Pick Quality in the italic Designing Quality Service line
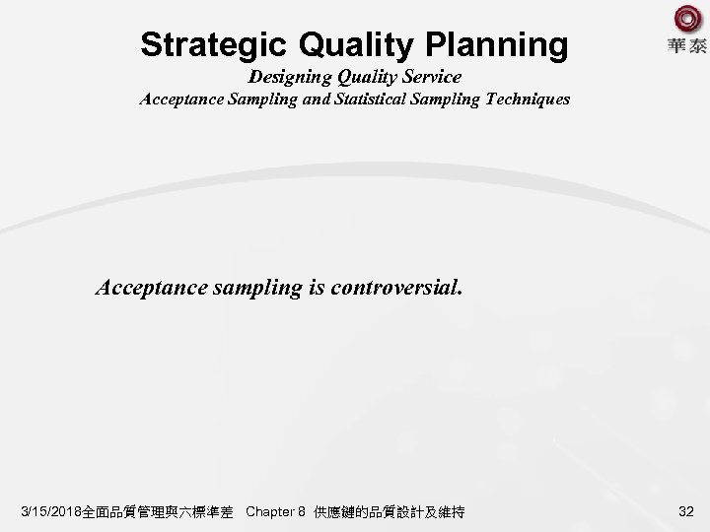363,77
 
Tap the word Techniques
522,100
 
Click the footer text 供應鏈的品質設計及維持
390,511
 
